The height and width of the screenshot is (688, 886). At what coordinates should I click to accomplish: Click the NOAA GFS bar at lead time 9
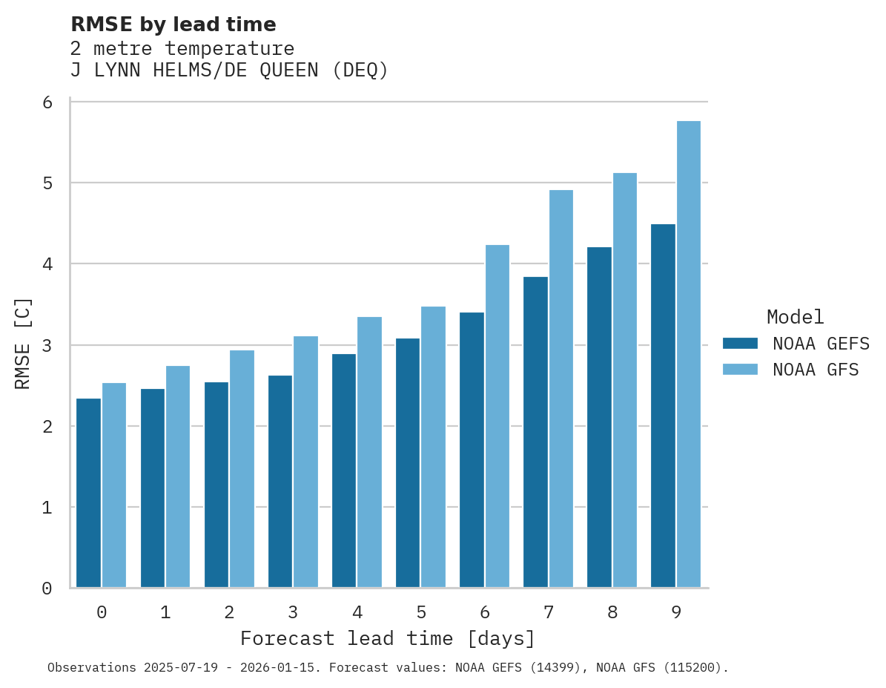689,354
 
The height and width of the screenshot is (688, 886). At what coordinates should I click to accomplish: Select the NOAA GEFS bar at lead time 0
89,493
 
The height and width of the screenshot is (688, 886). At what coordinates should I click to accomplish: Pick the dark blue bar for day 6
472,450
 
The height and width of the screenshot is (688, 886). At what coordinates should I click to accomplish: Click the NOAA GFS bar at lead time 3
306,462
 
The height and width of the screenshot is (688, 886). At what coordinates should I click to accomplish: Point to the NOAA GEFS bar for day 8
599,417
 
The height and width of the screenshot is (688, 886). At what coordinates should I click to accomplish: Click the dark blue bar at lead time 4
344,471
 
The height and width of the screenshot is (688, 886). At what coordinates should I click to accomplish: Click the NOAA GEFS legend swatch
740,344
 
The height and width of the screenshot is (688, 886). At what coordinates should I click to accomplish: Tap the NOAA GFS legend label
816,370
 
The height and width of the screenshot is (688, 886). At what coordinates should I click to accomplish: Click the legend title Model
795,317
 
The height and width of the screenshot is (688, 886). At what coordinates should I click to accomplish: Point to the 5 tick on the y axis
47,183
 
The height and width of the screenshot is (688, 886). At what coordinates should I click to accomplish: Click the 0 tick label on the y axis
47,589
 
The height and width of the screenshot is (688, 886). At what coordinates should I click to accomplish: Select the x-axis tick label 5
421,613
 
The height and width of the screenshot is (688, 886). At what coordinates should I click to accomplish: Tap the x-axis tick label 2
229,613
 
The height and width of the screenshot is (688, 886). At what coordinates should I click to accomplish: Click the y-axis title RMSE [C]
24,344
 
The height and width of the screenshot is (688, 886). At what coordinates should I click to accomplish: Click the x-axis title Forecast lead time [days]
387,638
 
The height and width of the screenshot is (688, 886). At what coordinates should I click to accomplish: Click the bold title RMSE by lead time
173,24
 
